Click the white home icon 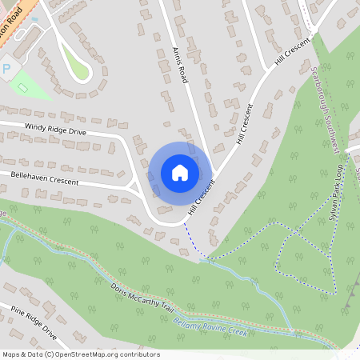(x=180, y=172)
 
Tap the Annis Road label (x=178, y=60)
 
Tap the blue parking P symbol (x=6, y=69)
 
